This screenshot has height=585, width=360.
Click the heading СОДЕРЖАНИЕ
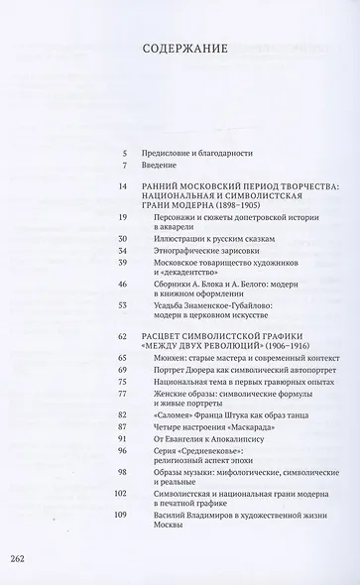click(180, 47)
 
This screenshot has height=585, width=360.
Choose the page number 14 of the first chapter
click(122, 185)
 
